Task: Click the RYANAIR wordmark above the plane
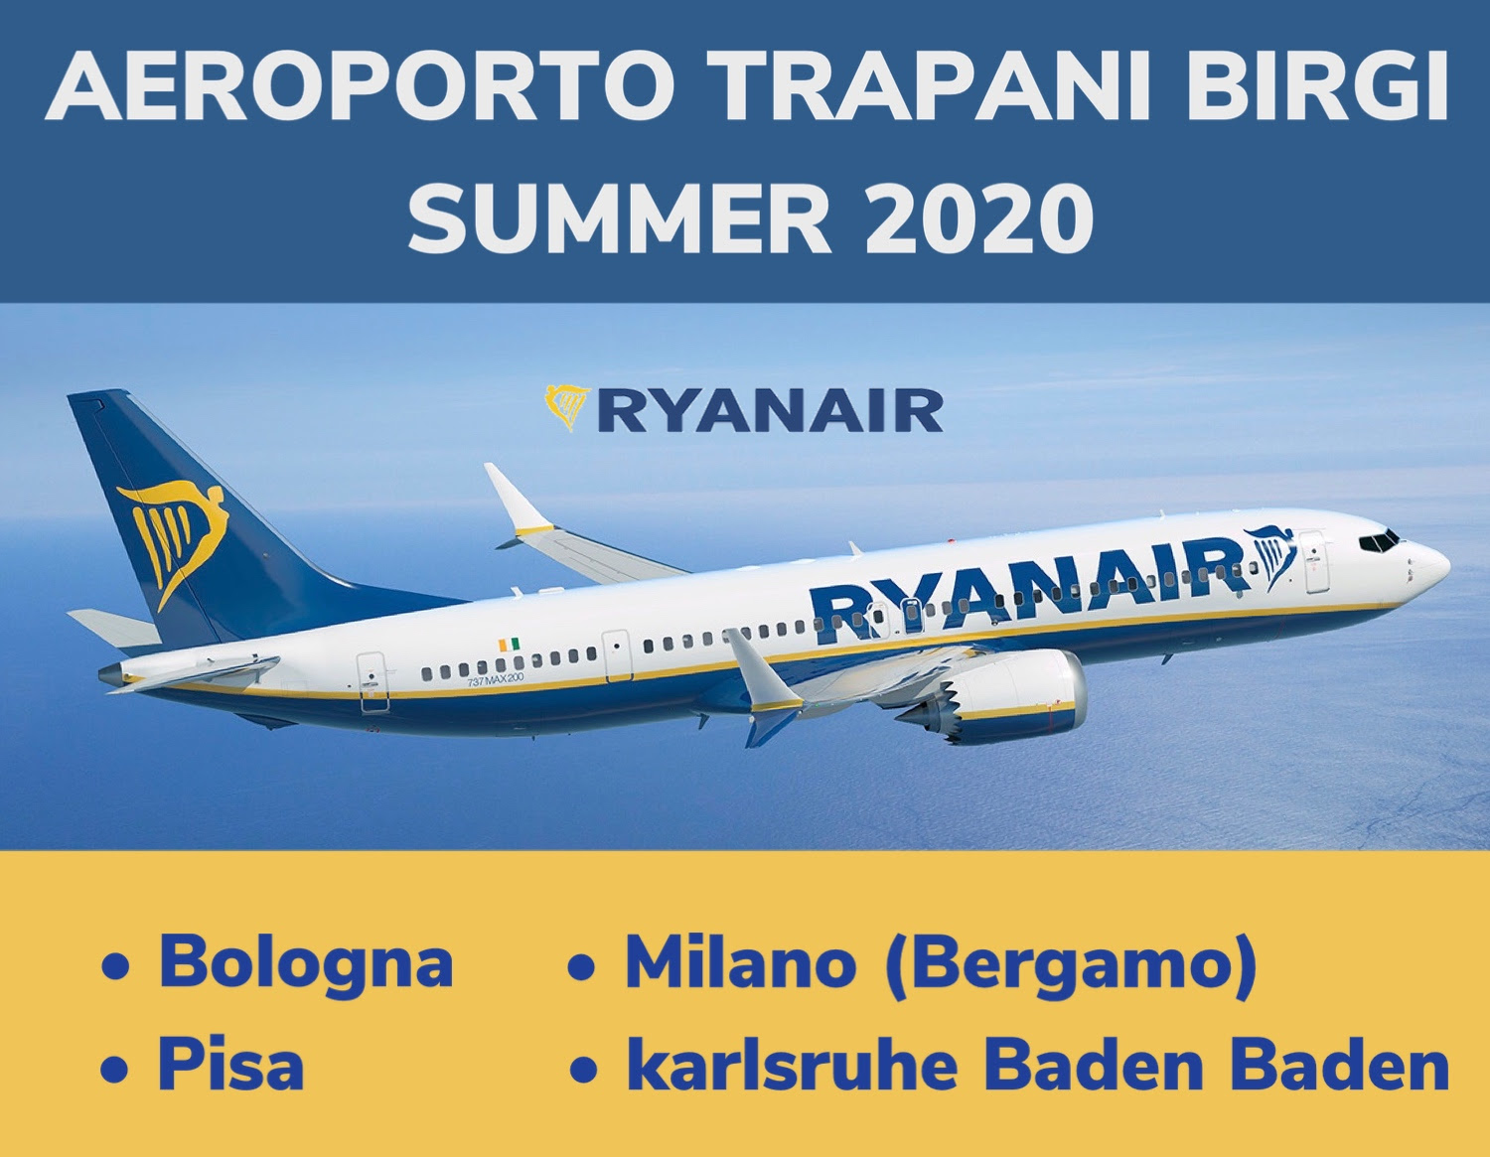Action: pyautogui.click(x=771, y=411)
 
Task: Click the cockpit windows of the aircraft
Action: pyautogui.click(x=1379, y=541)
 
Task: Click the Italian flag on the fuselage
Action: pyautogui.click(x=509, y=646)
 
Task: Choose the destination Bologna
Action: pyautogui.click(x=305, y=962)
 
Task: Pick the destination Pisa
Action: pyautogui.click(x=230, y=1065)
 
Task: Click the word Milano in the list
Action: pyautogui.click(x=740, y=962)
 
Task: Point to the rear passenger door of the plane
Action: pyautogui.click(x=372, y=680)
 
